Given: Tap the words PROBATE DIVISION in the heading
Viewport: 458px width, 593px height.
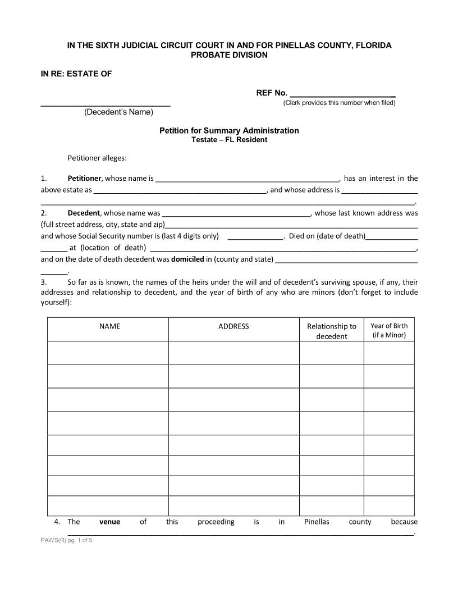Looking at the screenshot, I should coord(229,55).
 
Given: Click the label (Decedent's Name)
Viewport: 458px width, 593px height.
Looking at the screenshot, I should coord(118,112).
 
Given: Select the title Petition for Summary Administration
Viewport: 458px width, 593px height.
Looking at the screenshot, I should coord(229,130).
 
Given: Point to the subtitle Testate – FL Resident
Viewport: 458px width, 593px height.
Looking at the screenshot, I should coord(229,140).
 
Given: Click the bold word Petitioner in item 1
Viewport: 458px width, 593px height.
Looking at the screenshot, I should coord(84,179).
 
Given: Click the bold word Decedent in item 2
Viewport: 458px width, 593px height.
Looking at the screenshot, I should coord(84,213).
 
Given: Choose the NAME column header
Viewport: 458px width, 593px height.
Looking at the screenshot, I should coord(109,326).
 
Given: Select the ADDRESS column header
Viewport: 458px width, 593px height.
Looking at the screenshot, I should coord(233,326).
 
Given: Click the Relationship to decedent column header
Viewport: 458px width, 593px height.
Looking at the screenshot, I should coord(331,331).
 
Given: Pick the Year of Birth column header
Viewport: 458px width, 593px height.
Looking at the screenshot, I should coord(389,330).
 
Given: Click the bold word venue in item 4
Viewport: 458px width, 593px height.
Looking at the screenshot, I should coord(109,522).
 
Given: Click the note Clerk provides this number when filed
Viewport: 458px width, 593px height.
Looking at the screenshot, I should coord(339,103).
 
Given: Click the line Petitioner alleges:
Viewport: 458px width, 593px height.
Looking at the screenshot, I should coord(97,158).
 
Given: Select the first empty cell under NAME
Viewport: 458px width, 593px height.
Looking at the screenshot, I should coord(108,353).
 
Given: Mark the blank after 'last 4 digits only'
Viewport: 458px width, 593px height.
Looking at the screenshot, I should coord(256,237).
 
